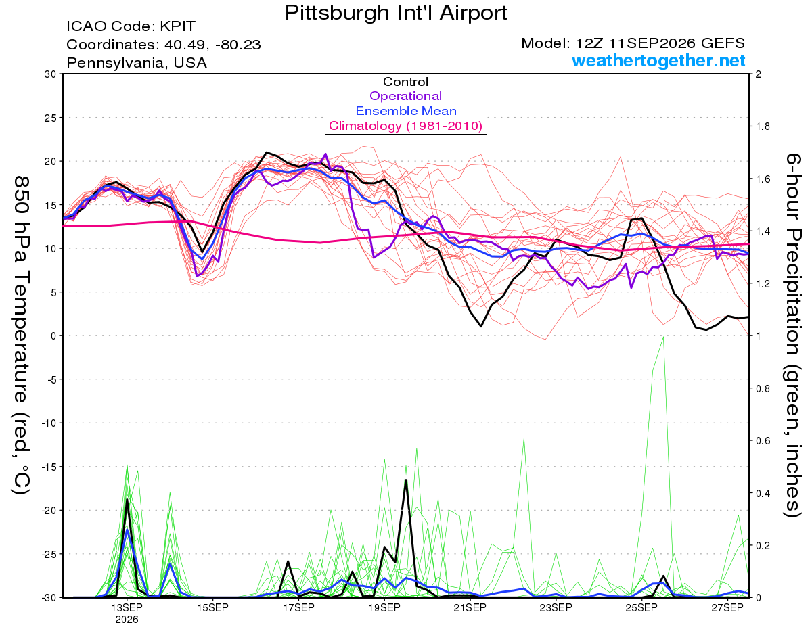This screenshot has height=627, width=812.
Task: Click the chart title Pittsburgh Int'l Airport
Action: pyautogui.click(x=396, y=13)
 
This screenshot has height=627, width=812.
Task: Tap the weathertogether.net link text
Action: pyautogui.click(x=658, y=60)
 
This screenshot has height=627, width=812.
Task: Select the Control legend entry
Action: pyautogui.click(x=405, y=82)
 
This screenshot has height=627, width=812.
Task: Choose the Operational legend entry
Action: pyautogui.click(x=405, y=96)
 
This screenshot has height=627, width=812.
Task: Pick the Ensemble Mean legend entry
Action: pyautogui.click(x=406, y=111)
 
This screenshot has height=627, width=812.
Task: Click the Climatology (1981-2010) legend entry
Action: pyautogui.click(x=406, y=126)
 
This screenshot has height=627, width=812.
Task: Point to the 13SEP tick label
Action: pyautogui.click(x=127, y=607)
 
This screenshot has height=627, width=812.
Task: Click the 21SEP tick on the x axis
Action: pyautogui.click(x=470, y=607)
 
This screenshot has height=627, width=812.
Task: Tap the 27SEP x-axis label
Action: pyautogui.click(x=727, y=607)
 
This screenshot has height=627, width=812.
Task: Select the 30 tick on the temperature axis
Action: pyautogui.click(x=50, y=74)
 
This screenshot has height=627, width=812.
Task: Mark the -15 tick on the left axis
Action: pyautogui.click(x=48, y=467)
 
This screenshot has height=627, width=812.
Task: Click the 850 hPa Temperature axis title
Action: pyautogui.click(x=22, y=335)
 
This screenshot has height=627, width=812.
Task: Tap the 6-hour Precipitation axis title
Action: pyautogui.click(x=792, y=335)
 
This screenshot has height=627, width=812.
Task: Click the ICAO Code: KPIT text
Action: pyautogui.click(x=131, y=26)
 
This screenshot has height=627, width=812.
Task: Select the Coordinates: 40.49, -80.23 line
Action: pyautogui.click(x=164, y=45)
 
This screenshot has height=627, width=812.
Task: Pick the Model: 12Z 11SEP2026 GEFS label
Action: pyautogui.click(x=633, y=43)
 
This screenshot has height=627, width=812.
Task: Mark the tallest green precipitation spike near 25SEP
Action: pyautogui.click(x=663, y=337)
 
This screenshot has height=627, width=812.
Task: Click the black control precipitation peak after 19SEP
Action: pyautogui.click(x=405, y=480)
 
